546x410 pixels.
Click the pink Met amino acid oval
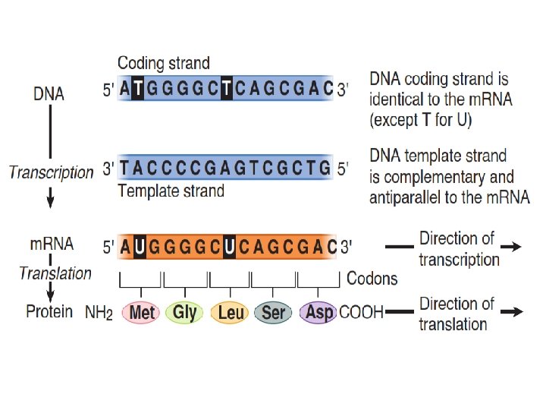click(x=143, y=312)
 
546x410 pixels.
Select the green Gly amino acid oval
click(x=185, y=312)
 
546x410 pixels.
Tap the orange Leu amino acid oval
click(x=231, y=312)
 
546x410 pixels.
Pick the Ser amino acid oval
click(x=273, y=312)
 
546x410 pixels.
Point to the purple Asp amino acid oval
click(x=318, y=312)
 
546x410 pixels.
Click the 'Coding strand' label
click(x=164, y=63)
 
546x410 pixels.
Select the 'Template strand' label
click(x=171, y=191)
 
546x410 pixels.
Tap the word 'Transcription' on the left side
click(x=52, y=172)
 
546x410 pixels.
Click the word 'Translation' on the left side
click(x=55, y=273)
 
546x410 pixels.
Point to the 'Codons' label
click(x=372, y=279)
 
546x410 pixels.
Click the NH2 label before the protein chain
click(x=99, y=313)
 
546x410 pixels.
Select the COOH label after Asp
click(x=361, y=312)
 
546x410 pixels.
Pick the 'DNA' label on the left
click(x=49, y=95)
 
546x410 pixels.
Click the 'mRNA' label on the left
click(x=52, y=244)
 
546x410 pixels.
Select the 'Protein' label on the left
click(x=49, y=311)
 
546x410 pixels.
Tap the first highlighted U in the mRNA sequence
click(x=139, y=247)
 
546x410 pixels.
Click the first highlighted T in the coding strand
click(x=139, y=90)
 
